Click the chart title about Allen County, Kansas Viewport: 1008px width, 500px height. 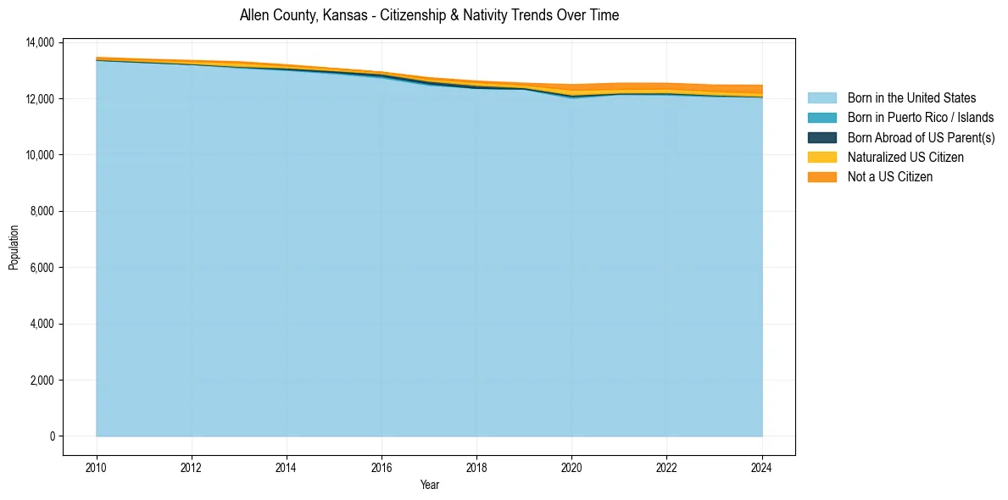pos(429,15)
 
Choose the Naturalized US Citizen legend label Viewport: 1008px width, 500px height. pos(905,158)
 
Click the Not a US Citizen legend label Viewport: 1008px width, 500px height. pos(889,177)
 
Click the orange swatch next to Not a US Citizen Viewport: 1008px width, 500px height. pos(821,177)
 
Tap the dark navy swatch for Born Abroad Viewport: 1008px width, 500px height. pos(821,137)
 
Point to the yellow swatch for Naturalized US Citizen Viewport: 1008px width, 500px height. pos(821,158)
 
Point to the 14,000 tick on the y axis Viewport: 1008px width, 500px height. pos(40,42)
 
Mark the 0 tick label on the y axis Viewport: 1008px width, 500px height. pos(52,436)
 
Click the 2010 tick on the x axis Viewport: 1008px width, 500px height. pos(97,468)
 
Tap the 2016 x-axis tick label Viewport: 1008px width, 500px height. pos(381,468)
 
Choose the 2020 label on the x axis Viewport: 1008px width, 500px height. pos(572,468)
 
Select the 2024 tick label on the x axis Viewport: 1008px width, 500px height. pos(762,468)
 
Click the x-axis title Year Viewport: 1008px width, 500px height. pos(429,485)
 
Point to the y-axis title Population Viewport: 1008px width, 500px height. pos(14,247)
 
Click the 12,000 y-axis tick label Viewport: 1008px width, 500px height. pos(40,99)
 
